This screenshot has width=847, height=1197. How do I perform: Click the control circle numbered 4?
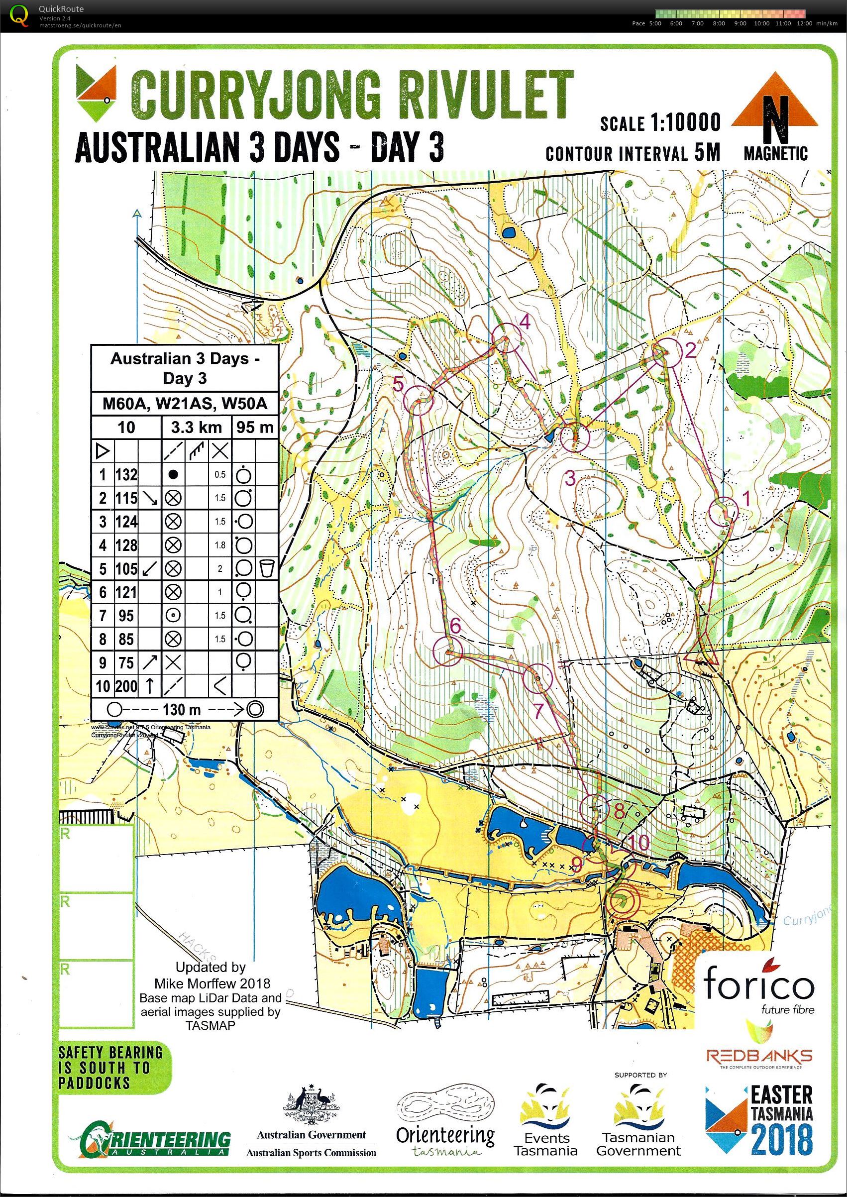(x=506, y=337)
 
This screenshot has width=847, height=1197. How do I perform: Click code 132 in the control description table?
(x=126, y=474)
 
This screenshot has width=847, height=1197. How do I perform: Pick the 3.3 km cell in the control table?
(x=196, y=427)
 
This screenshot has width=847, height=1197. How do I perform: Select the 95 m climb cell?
(x=254, y=427)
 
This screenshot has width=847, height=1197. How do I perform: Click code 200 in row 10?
(x=126, y=686)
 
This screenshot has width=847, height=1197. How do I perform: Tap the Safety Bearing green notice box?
(x=110, y=1067)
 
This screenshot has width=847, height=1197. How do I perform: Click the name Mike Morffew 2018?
(x=212, y=983)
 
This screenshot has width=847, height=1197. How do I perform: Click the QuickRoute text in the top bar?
(x=61, y=9)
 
